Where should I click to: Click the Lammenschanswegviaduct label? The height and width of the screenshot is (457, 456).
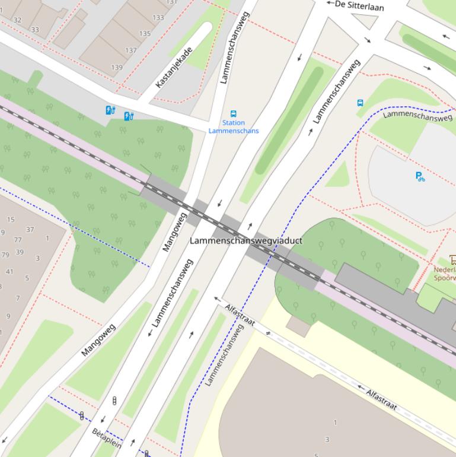click(245, 240)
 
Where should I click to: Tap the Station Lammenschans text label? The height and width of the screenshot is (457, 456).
click(233, 127)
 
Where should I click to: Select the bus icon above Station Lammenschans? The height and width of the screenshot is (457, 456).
click(233, 113)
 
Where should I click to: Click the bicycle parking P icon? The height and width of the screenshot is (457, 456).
click(420, 176)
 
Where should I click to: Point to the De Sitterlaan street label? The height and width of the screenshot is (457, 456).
click(359, 6)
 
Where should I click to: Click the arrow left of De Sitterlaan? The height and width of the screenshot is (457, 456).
click(329, 3)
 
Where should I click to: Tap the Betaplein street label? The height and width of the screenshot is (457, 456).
click(107, 438)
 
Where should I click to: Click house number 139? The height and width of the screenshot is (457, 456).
click(117, 67)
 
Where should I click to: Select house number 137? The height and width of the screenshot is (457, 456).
click(131, 50)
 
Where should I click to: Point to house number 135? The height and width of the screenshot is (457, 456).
click(145, 34)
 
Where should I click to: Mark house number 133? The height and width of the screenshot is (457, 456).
click(158, 18)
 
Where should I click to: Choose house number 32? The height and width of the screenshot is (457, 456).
click(17, 20)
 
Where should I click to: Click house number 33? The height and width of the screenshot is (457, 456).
click(35, 30)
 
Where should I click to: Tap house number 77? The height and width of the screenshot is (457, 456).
click(18, 240)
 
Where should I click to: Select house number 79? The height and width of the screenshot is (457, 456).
click(5, 255)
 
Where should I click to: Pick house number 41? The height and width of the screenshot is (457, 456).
click(9, 272)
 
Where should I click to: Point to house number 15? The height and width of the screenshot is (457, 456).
click(11, 220)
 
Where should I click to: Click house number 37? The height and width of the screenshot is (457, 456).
click(30, 230)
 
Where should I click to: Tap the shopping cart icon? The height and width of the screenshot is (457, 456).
click(452, 259)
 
